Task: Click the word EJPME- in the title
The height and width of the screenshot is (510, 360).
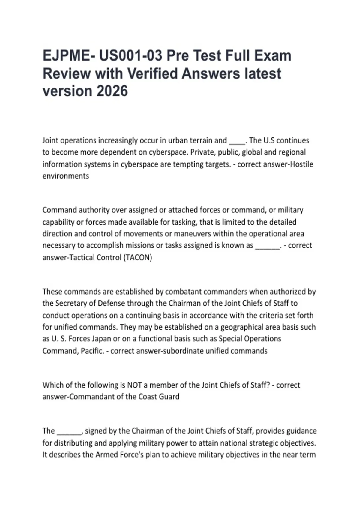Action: click(x=66, y=56)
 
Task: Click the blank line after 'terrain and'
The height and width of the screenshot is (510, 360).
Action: click(x=237, y=141)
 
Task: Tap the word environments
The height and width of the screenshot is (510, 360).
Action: click(x=66, y=176)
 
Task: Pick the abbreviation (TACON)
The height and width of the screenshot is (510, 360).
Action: click(x=138, y=257)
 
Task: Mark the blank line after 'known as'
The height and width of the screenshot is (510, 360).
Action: click(x=267, y=246)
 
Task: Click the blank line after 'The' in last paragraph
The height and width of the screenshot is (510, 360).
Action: click(x=69, y=431)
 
